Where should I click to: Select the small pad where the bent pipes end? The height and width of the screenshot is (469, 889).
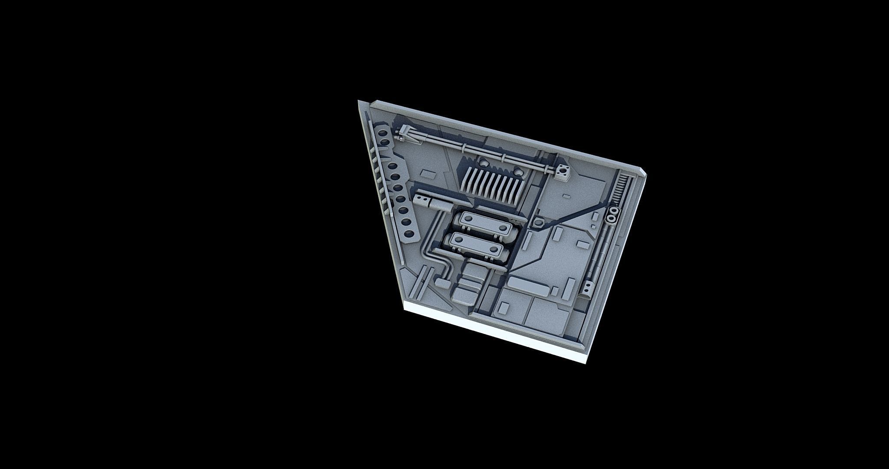coord(442,283)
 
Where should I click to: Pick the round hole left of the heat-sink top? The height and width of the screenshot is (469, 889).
coord(483,164)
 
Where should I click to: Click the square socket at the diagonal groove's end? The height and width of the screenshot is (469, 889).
coord(538,222)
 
